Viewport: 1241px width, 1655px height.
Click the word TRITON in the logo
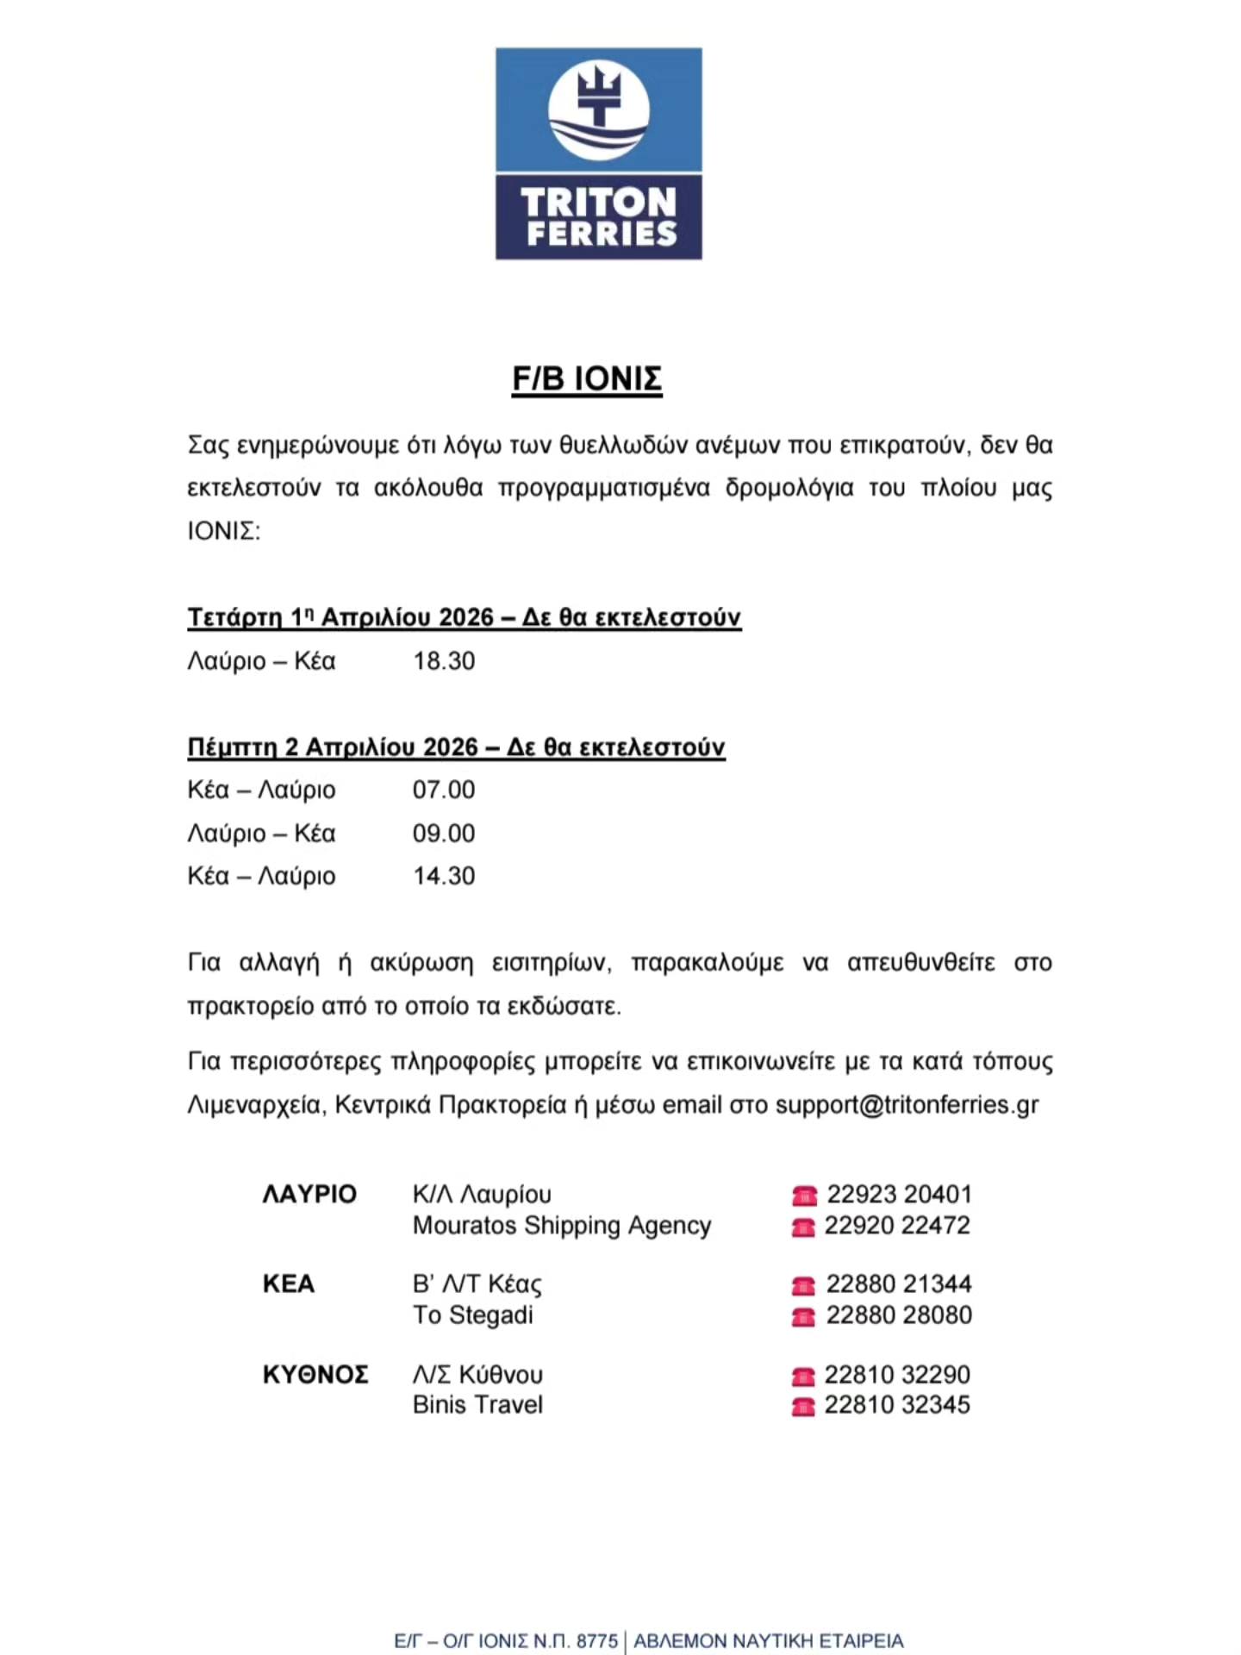[598, 202]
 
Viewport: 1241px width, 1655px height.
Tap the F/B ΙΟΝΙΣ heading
[587, 379]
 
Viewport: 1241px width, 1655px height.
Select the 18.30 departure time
[444, 661]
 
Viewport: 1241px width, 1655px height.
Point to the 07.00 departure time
[444, 790]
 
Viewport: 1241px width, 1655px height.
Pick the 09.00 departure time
[444, 834]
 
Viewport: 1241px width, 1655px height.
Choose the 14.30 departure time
[444, 876]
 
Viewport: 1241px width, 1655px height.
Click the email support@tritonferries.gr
[907, 1105]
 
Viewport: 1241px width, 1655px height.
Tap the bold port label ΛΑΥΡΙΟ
[309, 1194]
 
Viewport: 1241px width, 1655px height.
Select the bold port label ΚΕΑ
[289, 1283]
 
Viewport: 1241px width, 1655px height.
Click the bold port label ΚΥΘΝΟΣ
[315, 1374]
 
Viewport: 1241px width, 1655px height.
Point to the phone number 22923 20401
[899, 1194]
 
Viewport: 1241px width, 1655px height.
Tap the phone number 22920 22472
[897, 1225]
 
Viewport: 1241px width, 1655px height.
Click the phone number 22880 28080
[899, 1315]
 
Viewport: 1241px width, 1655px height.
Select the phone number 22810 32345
[897, 1405]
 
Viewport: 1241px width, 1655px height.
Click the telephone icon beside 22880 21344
[803, 1286]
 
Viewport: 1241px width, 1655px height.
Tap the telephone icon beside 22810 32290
[803, 1376]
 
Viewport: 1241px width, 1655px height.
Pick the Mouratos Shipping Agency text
[562, 1225]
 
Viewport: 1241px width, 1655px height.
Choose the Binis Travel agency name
[477, 1405]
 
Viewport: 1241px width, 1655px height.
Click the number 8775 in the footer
[597, 1641]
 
